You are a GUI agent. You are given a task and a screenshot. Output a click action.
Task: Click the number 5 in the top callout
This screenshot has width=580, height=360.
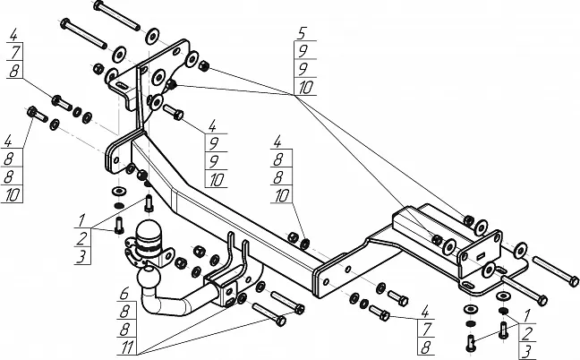(x=302, y=33)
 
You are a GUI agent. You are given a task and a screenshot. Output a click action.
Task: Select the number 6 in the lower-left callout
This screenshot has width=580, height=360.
(x=124, y=294)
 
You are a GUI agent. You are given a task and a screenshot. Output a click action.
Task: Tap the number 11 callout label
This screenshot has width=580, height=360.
(x=127, y=347)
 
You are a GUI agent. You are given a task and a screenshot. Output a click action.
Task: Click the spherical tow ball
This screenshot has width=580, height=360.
(x=149, y=277)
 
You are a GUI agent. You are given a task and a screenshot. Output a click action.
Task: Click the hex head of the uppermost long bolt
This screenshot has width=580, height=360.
(x=98, y=4)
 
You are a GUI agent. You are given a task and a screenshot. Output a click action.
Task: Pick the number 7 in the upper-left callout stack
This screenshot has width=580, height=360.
(x=15, y=52)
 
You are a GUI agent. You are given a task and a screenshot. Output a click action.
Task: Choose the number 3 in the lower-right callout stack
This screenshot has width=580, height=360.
(x=527, y=350)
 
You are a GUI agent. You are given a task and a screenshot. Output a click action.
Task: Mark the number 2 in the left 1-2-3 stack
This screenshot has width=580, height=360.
(x=81, y=238)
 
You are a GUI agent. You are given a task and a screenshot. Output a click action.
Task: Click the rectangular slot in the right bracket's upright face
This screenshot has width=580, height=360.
(x=480, y=256)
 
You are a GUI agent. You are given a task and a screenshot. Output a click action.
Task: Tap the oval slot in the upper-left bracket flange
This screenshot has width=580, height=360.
(x=121, y=86)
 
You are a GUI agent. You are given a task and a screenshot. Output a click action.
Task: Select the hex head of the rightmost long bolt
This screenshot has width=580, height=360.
(x=574, y=281)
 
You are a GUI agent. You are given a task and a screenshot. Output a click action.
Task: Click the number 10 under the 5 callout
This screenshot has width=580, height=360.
(x=305, y=88)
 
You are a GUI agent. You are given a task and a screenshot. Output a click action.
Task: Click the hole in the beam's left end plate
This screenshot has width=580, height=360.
(x=116, y=160)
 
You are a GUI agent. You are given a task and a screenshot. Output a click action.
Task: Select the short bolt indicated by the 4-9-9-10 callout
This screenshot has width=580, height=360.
(x=173, y=112)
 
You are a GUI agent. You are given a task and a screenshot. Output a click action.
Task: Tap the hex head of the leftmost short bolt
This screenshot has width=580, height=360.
(x=32, y=111)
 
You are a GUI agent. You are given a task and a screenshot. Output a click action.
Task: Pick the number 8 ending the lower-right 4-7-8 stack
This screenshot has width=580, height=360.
(x=426, y=347)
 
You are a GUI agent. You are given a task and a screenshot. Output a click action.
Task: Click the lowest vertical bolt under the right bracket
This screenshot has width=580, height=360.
(x=471, y=343)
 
